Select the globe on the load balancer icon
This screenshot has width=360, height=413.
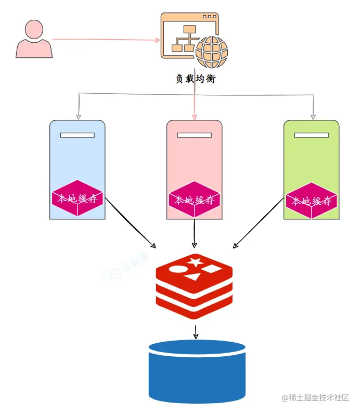click(x=211, y=52)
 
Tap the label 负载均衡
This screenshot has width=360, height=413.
click(x=195, y=79)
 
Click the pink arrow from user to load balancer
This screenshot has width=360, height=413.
click(x=104, y=39)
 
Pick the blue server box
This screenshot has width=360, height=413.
click(x=78, y=156)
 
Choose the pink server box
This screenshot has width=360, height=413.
click(x=195, y=156)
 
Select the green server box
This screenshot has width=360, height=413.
click(x=311, y=156)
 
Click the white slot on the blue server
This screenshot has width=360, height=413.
click(x=78, y=135)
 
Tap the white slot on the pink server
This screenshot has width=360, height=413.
click(x=195, y=135)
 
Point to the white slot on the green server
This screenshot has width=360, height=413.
click(x=311, y=135)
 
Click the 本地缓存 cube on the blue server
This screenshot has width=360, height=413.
click(x=78, y=198)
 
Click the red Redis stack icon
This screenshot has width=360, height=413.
click(x=194, y=286)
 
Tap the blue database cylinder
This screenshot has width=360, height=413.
click(x=197, y=370)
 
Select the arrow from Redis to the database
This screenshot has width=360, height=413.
click(x=196, y=332)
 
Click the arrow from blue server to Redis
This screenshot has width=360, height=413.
click(x=130, y=224)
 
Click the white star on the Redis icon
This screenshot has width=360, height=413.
click(x=195, y=262)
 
